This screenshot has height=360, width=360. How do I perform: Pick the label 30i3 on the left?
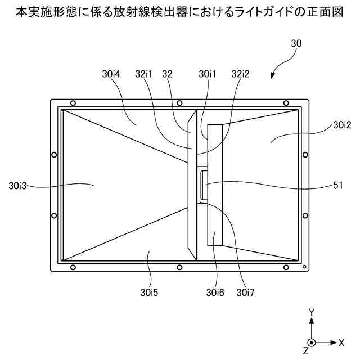(18, 184)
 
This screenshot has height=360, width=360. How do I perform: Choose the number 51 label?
(339, 184)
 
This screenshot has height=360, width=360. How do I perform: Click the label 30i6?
(216, 292)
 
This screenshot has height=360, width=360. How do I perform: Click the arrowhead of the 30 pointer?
(273, 77)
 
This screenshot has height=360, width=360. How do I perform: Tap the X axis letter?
(341, 342)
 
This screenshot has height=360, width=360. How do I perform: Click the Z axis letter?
(305, 351)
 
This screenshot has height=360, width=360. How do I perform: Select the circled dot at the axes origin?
(311, 342)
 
